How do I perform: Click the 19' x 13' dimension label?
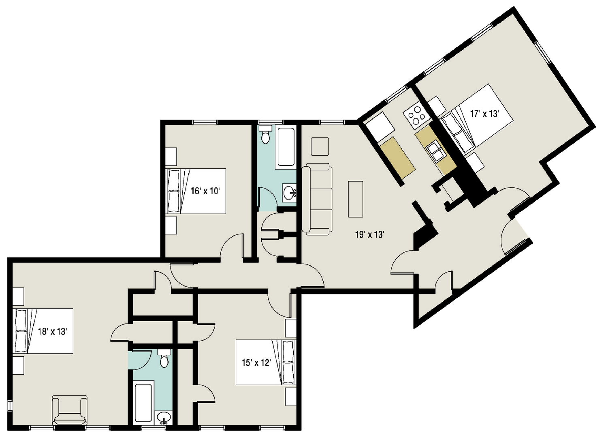(x=369, y=234)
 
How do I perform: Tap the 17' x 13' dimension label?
(x=485, y=114)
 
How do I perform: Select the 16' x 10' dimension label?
(x=205, y=191)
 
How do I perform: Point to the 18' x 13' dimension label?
(x=52, y=331)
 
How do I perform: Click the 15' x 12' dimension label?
(x=256, y=362)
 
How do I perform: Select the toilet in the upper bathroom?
(x=265, y=134)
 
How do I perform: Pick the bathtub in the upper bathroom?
(x=286, y=147)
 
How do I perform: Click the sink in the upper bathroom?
(x=289, y=193)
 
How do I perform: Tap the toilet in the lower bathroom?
(x=164, y=359)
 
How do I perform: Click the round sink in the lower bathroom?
(x=164, y=418)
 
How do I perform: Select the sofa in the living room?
(x=317, y=199)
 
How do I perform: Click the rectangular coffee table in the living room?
(x=356, y=199)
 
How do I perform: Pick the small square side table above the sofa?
(x=320, y=146)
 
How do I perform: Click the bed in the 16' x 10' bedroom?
(x=196, y=191)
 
